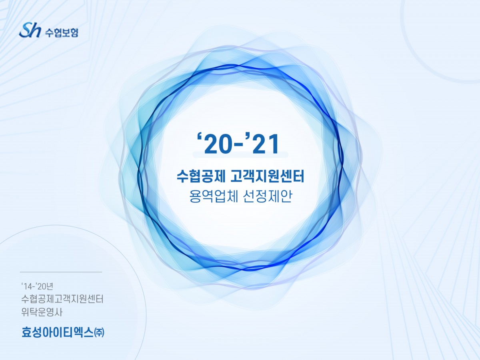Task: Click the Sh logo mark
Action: pyautogui.click(x=30, y=30)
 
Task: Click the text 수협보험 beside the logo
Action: pyautogui.click(x=62, y=32)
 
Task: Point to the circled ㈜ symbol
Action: pyautogui.click(x=99, y=332)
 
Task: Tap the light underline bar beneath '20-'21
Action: pyautogui.click(x=240, y=154)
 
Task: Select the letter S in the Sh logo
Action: pyautogui.click(x=25, y=30)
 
